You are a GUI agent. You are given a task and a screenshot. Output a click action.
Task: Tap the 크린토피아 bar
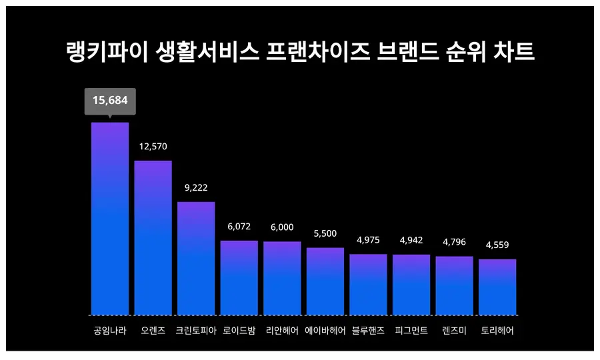[196, 258]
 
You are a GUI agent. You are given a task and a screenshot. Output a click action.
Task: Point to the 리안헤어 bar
[282, 278]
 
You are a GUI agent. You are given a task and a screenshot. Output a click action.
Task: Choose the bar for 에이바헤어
[325, 281]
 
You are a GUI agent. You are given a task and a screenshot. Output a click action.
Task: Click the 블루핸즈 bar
[368, 285]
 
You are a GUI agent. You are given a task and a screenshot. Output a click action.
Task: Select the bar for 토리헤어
[497, 287]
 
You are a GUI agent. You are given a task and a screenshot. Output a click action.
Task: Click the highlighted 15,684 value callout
[110, 101]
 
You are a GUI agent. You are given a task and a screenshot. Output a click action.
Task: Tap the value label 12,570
[153, 147]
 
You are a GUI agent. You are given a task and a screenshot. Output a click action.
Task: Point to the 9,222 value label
[196, 188]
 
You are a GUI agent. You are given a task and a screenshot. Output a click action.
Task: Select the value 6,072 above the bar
[239, 227]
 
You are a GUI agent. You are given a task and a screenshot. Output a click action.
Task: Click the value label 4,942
[411, 240]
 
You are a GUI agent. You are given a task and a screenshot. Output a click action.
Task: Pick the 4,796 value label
[455, 242]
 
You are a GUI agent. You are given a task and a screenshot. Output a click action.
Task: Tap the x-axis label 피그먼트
[411, 331]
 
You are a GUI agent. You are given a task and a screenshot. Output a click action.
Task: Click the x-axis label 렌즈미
[455, 331]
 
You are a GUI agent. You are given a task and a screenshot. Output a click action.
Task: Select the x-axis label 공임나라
[110, 331]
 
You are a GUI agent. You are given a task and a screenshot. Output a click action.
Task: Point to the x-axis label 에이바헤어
[325, 331]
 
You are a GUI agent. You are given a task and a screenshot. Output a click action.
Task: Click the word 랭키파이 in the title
[106, 52]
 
